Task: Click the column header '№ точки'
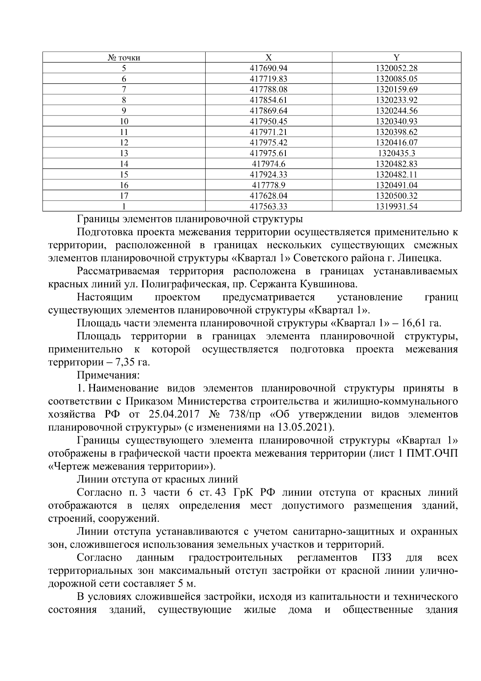[x=124, y=58]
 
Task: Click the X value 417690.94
[x=269, y=68]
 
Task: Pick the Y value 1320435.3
[x=396, y=153]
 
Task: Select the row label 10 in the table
[x=124, y=121]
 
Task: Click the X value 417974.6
[x=269, y=164]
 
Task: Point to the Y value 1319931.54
[x=396, y=207]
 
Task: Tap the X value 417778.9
[x=269, y=185]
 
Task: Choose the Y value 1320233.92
[x=396, y=100]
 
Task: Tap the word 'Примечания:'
[x=108, y=376]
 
